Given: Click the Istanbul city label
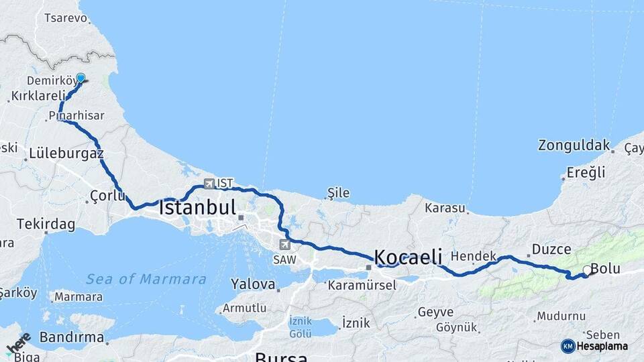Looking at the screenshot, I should pos(197,207).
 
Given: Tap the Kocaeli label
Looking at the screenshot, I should pos(408,257).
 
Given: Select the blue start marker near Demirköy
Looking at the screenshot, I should pos(81,78).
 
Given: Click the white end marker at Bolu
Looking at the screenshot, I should pos(587,270).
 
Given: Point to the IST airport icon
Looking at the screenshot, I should pos(209,183).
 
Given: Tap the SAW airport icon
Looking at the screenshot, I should pos(286,245).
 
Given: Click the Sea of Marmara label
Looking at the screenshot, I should pos(146,279).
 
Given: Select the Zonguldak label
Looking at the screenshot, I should pos(574,145).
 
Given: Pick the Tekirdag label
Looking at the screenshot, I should pos(46,224).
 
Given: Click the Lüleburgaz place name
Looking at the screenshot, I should pos(66,154).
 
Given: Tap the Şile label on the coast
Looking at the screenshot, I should pos(338,193).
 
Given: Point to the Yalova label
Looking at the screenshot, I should pos(253,284).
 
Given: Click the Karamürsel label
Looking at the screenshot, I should pos(362,285).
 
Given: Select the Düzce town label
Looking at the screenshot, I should pos(551,249).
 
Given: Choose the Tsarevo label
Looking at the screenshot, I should pos(66,18).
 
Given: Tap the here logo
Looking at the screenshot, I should pos(18,343).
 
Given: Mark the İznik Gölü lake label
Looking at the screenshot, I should pos(300,326).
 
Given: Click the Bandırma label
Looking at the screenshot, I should pos(72,337).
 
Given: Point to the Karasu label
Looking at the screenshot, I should pos(445,208).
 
